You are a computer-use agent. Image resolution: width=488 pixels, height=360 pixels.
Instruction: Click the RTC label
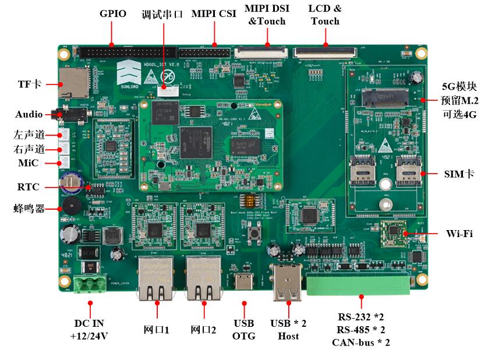point(28,187)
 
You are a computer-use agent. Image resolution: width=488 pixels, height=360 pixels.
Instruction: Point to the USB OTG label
point(243,330)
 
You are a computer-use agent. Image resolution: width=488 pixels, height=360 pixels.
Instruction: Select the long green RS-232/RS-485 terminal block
point(360,285)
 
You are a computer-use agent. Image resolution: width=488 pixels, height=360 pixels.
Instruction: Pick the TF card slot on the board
point(74,82)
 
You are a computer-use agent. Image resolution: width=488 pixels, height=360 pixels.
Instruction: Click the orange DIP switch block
point(253,199)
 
